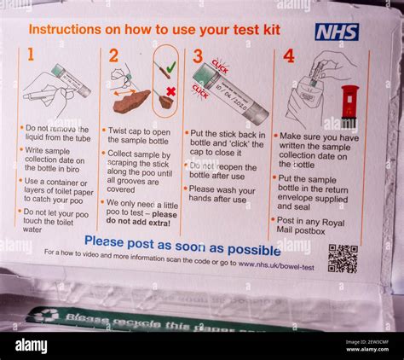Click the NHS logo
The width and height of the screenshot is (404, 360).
tap(337, 32)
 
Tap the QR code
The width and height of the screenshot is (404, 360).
tap(343, 258)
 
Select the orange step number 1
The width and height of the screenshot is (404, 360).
tap(31, 55)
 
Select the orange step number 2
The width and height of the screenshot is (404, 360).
tap(113, 56)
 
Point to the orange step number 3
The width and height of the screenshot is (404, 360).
tap(197, 56)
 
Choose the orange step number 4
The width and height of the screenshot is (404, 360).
tap(288, 55)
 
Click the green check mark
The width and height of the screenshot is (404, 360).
tap(170, 66)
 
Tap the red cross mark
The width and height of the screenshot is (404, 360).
tap(170, 91)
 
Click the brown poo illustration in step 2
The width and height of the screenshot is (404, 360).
tap(131, 101)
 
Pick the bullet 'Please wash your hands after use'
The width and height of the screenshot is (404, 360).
tap(225, 194)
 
